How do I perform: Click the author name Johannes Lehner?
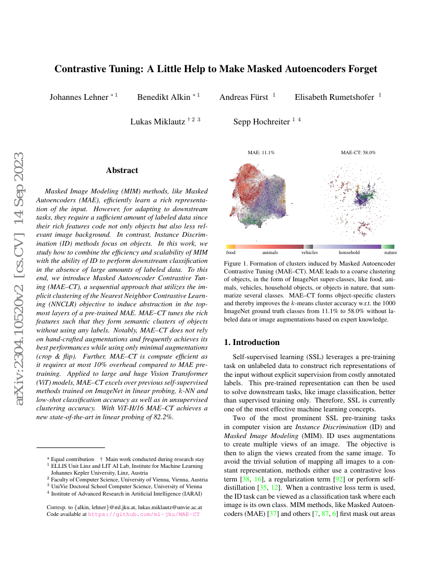point(79,97)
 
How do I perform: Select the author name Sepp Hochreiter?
point(261,122)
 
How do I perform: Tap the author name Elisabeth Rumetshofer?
point(334,97)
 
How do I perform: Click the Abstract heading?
point(122,170)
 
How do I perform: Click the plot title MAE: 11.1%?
point(261,153)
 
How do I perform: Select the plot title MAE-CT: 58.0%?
point(358,153)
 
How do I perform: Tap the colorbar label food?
point(231,252)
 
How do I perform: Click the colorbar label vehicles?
point(309,252)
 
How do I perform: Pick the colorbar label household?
point(349,252)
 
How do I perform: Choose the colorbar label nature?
point(390,252)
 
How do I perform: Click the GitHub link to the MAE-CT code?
point(144,514)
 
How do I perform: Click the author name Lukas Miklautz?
point(157,122)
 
